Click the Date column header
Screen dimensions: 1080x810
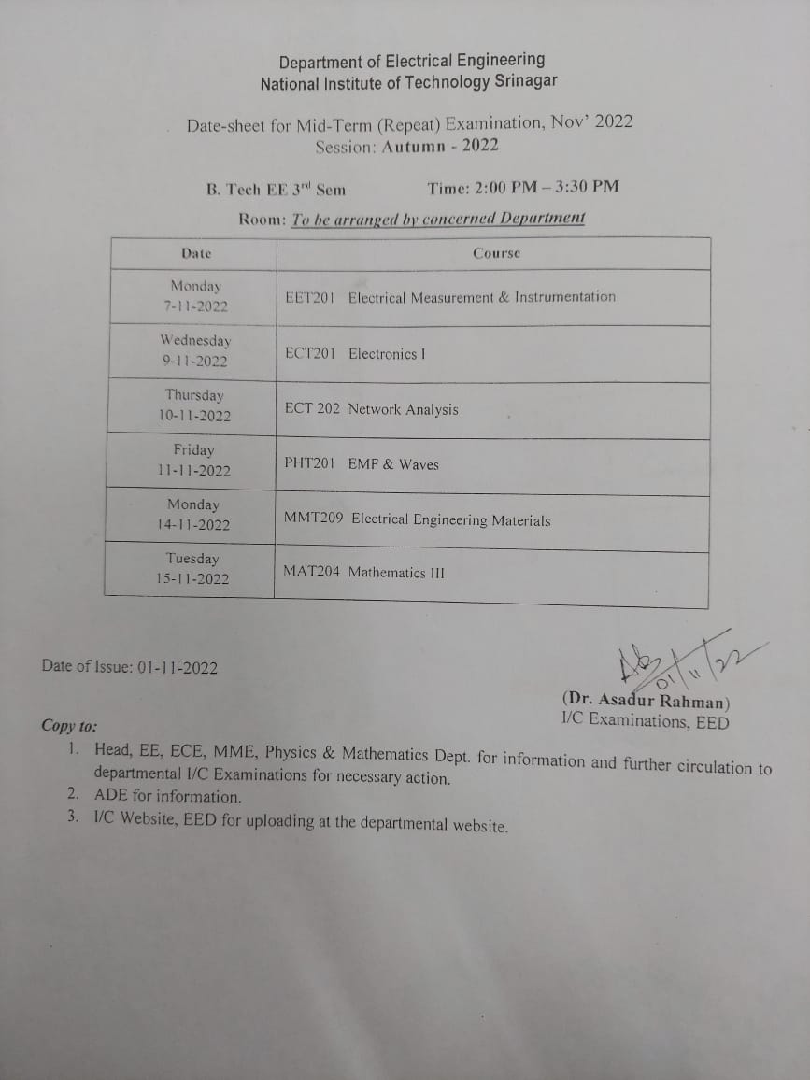click(196, 253)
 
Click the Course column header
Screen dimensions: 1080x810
click(496, 253)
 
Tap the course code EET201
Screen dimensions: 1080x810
click(309, 297)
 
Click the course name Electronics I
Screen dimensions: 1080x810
click(387, 353)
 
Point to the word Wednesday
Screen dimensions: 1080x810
click(195, 340)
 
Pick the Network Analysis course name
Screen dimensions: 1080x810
click(403, 409)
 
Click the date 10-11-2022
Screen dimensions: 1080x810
click(194, 416)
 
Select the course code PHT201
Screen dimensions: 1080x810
click(309, 463)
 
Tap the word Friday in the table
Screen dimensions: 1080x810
click(193, 449)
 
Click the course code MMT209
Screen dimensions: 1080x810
click(313, 519)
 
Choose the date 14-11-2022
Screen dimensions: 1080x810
click(193, 525)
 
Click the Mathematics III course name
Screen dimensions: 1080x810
click(396, 572)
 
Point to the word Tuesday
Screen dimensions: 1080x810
click(192, 559)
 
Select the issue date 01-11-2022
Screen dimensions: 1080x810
click(177, 667)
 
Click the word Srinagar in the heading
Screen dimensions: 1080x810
click(525, 81)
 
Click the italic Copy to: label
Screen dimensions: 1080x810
click(68, 726)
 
